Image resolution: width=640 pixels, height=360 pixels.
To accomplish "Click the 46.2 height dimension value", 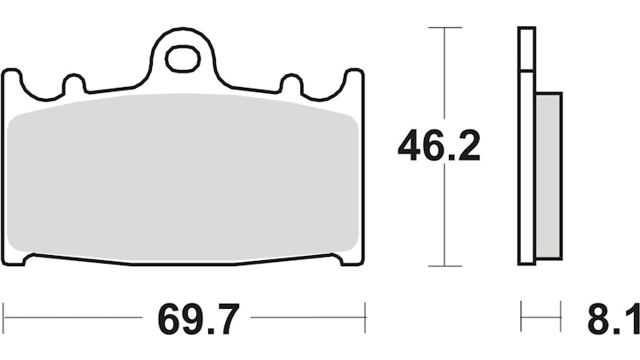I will (x=439, y=147).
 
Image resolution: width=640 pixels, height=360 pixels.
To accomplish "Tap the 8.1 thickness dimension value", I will (x=613, y=321).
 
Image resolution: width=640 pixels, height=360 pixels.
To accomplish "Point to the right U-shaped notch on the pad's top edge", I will (x=292, y=86).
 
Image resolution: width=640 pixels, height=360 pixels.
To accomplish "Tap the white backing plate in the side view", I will (x=526, y=145).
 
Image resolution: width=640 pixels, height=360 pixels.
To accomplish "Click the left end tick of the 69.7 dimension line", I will (x=3, y=316).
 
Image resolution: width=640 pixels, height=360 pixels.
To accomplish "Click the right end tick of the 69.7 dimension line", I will (x=364, y=316).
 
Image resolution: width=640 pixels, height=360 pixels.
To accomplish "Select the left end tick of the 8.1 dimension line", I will (x=521, y=316).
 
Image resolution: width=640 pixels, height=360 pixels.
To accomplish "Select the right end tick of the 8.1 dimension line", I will (x=560, y=316).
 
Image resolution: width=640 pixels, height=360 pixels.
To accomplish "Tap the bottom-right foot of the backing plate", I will (x=351, y=258).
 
